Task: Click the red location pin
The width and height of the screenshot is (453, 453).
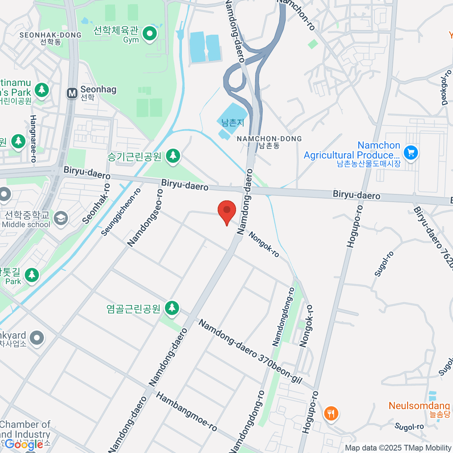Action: coord(227,210)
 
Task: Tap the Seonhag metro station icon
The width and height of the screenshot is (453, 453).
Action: coord(72,93)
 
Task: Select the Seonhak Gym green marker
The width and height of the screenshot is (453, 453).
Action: coord(150,34)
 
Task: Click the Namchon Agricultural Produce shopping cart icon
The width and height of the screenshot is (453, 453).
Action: coord(411,153)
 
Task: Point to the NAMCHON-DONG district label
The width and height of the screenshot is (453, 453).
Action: coord(269,139)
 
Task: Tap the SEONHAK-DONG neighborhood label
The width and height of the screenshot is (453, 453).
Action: coord(51,35)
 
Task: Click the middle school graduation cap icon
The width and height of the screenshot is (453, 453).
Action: coord(61,218)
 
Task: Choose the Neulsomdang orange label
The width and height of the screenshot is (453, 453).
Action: coord(419,406)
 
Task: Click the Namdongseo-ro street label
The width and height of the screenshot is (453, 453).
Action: coord(145,218)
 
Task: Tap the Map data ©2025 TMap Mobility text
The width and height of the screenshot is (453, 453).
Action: coord(398,448)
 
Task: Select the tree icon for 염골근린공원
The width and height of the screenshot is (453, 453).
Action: coord(172,307)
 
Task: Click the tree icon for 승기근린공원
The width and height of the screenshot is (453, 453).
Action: coord(173,155)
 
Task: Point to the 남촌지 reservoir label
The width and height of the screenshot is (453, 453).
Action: coord(233,123)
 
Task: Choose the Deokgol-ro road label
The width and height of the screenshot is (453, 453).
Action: coord(446,88)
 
